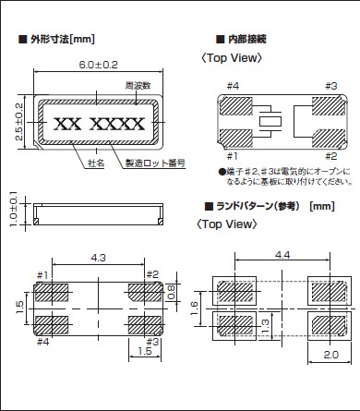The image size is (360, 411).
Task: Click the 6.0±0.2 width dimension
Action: pos(98,65)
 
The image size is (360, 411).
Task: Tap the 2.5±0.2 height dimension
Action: pos(19,122)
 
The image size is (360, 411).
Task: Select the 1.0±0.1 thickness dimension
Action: pos(14,209)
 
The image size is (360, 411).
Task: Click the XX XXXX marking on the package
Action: pos(99,124)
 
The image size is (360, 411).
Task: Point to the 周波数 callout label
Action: pos(138,85)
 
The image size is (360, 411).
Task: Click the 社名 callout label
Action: pos(96,163)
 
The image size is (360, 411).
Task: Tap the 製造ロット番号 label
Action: pos(155,163)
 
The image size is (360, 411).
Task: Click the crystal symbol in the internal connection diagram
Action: pos(270,122)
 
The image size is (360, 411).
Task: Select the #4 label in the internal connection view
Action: pos(233,86)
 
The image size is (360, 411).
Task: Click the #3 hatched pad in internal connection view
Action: pos(329,106)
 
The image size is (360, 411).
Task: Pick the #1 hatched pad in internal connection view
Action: pos(236,138)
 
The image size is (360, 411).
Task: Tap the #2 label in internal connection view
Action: pos(331,156)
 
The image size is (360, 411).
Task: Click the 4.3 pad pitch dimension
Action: pos(98,258)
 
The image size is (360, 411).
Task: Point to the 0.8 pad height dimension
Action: pos(172,292)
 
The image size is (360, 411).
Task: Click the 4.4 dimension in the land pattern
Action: pos(282,255)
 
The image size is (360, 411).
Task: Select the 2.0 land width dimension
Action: pos(330,355)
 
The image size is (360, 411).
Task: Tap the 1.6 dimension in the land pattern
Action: pos(194,308)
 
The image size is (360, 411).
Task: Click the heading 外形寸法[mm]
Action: pos(57,39)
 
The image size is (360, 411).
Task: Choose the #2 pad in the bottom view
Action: pos(145,293)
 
